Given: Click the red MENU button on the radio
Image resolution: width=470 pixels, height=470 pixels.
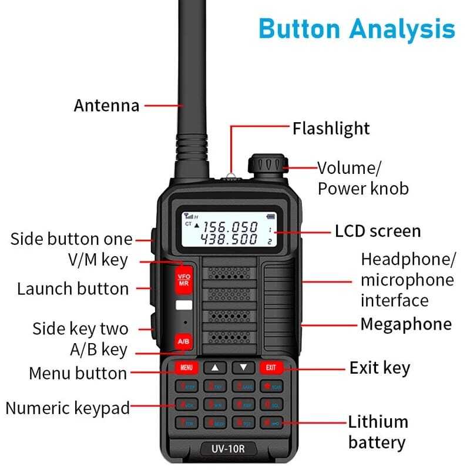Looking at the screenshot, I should [187, 368].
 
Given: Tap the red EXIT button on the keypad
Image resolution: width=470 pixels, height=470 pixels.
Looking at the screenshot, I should [271, 368].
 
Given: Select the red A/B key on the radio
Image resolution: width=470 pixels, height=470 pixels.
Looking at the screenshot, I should [183, 342].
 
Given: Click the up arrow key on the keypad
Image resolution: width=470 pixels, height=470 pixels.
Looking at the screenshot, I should [215, 368].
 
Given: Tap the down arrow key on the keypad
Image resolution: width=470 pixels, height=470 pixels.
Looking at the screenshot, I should [243, 368].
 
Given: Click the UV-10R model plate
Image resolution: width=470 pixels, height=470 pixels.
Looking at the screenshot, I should [229, 449].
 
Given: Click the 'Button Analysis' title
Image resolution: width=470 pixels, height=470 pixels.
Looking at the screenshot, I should [357, 28].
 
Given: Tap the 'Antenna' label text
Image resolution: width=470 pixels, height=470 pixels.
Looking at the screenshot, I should [106, 106].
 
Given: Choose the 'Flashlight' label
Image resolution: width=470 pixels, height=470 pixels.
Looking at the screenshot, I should [331, 128].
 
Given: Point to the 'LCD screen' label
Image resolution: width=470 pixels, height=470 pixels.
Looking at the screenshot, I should [378, 231].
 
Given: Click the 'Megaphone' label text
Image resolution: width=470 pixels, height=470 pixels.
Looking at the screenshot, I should [406, 324].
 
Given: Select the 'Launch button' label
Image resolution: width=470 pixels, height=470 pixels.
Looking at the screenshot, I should [73, 288].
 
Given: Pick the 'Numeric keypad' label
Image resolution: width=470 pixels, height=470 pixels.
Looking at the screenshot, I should [68, 408].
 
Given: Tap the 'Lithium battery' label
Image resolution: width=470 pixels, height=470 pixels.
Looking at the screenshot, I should [378, 432].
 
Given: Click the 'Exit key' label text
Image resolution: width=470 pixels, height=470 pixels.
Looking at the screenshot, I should [380, 368].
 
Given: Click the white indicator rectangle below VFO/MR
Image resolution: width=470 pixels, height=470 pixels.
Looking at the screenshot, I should [183, 305].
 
